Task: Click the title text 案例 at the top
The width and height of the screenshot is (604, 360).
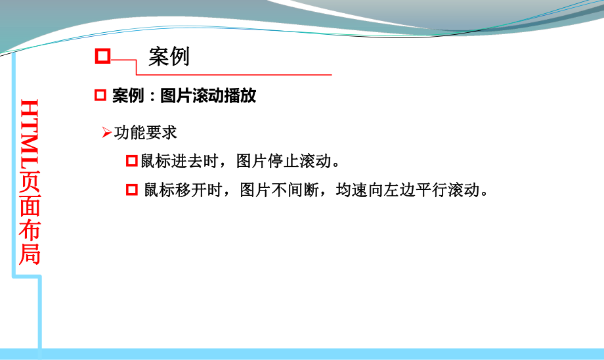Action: point(169,56)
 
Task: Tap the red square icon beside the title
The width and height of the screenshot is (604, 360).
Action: point(102,56)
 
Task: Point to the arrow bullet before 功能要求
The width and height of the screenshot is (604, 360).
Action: point(107,133)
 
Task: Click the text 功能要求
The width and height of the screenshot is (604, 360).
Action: point(145,133)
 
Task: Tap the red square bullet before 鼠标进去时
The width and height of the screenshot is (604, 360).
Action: point(131,161)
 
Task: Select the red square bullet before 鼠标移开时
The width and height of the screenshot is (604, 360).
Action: point(131,191)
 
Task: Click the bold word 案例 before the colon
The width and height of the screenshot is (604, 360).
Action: point(127,97)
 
